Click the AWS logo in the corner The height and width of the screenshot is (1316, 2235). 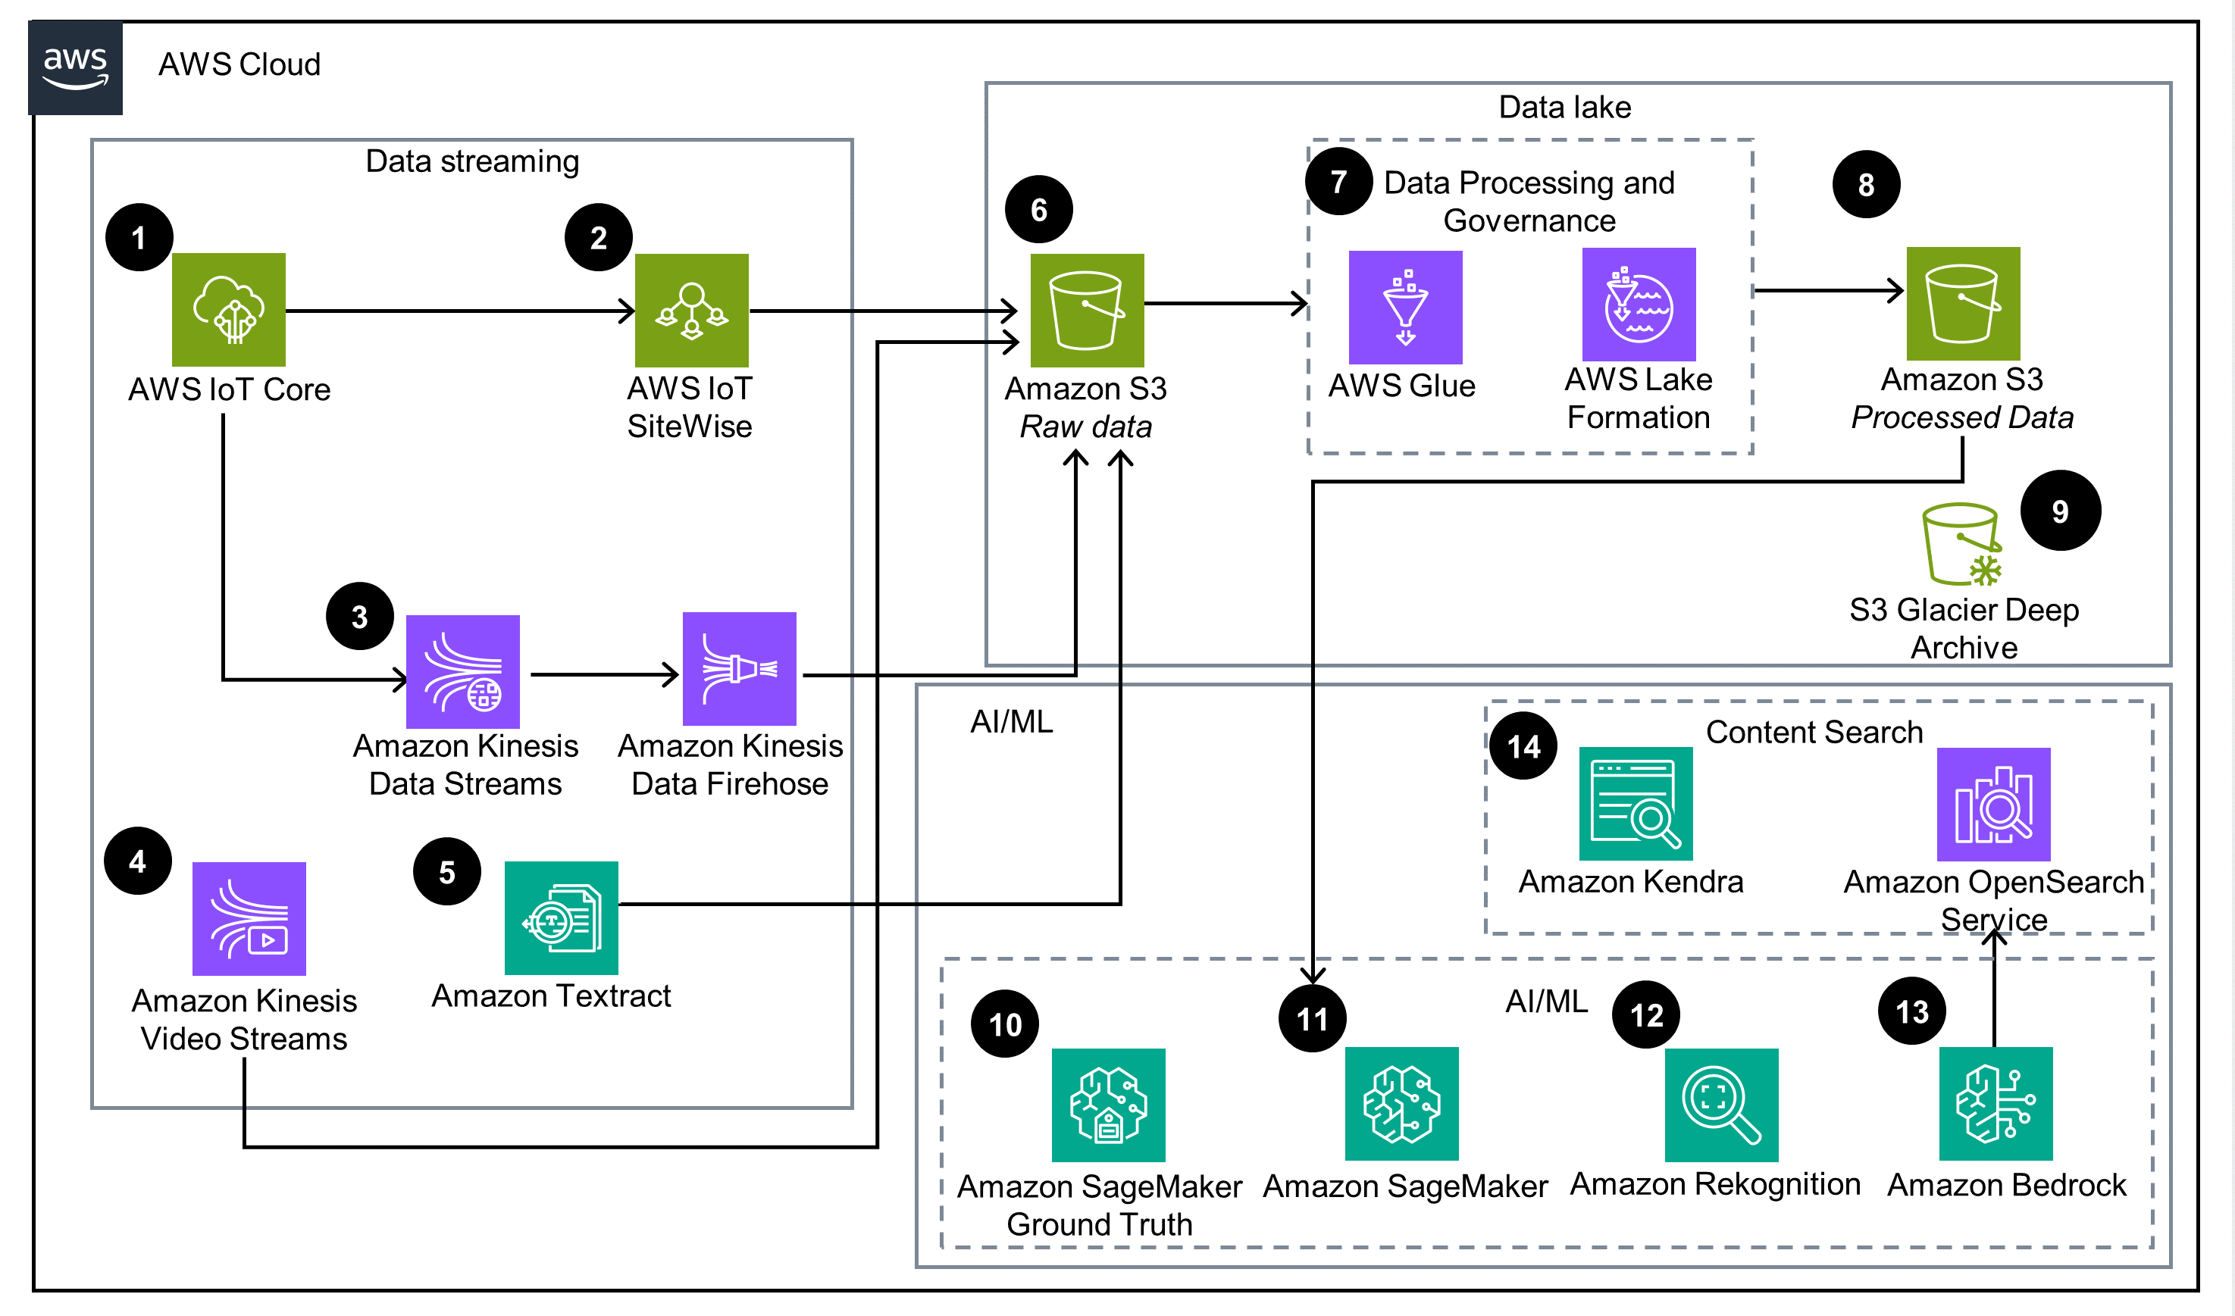(75, 67)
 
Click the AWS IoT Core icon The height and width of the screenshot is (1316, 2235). (229, 309)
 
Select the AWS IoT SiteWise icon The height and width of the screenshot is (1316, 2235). (692, 311)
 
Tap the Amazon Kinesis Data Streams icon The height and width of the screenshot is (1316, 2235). (463, 671)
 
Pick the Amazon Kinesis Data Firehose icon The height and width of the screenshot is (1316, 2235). (740, 669)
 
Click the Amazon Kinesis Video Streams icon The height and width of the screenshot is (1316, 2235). (249, 919)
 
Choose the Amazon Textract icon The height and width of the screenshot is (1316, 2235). (562, 917)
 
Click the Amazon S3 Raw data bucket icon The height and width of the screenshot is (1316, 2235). (1088, 311)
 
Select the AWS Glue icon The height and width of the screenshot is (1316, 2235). (1406, 307)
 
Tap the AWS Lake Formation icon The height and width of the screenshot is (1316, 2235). (1639, 304)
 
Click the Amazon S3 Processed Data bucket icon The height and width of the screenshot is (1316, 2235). (1964, 303)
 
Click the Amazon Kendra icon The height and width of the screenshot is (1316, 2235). (1636, 803)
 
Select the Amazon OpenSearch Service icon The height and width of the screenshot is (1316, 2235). (1994, 805)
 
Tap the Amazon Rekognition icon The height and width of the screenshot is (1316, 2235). (1721, 1105)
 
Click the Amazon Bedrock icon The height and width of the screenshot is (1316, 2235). (1996, 1104)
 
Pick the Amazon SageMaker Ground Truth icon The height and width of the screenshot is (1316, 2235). (1109, 1105)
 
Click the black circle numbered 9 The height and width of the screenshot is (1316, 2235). (2060, 511)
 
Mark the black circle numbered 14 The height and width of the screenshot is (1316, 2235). (1523, 746)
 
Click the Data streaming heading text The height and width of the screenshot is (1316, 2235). (472, 161)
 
